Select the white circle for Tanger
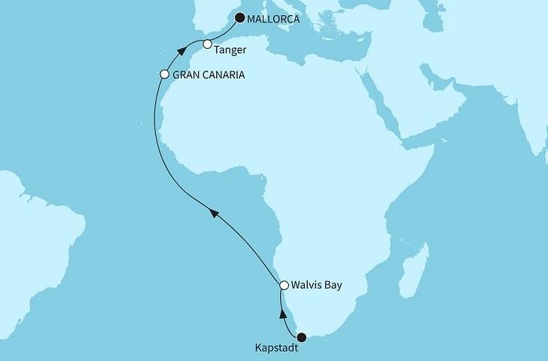[208, 45]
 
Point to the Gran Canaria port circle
[165, 74]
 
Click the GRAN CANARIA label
[208, 75]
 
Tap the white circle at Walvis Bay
[284, 286]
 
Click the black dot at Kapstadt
[302, 338]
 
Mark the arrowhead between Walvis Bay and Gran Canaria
[215, 216]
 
